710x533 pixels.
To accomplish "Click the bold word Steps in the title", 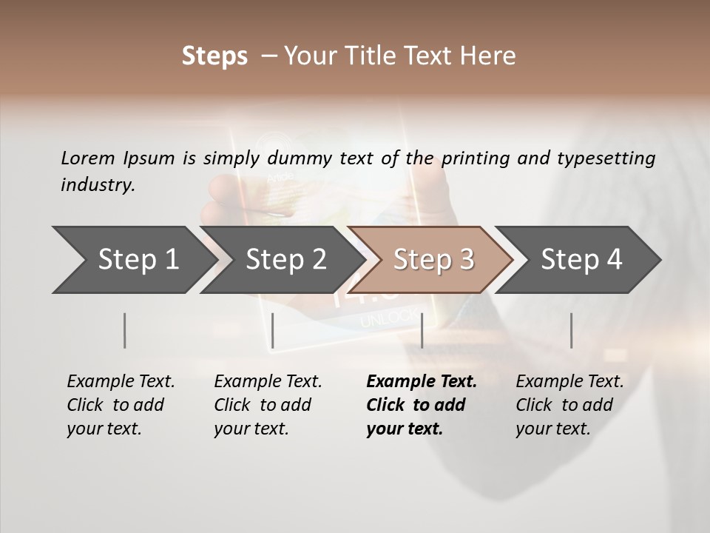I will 214,56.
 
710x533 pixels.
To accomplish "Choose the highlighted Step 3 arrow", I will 433,259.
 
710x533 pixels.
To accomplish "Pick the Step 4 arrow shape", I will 581,259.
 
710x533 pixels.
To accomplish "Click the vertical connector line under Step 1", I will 125,330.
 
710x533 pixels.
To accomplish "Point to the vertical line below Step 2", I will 273,330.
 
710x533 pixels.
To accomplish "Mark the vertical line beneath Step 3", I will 422,330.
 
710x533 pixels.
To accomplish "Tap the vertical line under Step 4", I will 571,330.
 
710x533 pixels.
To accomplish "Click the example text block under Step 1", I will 121,405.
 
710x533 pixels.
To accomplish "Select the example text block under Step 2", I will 268,405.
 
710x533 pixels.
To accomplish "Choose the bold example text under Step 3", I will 422,405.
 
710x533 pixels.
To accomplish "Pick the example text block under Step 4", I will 569,405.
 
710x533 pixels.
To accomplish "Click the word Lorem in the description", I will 87,158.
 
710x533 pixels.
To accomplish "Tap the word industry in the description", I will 98,185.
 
